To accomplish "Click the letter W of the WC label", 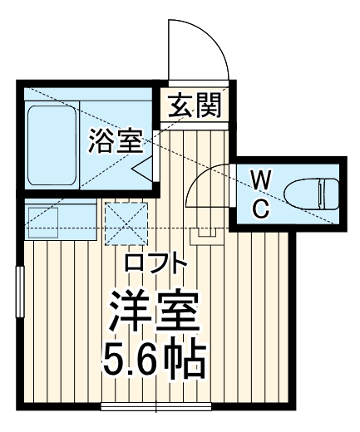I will (x=260, y=179).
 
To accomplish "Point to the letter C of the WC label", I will (x=260, y=208).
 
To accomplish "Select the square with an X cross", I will (x=126, y=221).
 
